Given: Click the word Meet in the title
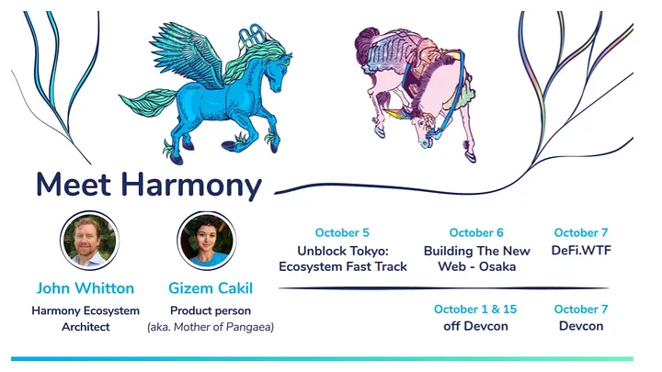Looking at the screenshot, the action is pos(73,185).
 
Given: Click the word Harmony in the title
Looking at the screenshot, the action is pos(191,186).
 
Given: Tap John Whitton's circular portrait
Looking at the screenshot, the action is pos(89,241).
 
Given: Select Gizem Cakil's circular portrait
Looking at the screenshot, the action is pos(207,241).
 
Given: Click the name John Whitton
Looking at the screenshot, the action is pos(86,288).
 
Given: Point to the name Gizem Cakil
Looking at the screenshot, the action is pos(211,288).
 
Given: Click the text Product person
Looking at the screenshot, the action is pos(211,310).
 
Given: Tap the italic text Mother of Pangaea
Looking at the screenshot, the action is pos(223,327).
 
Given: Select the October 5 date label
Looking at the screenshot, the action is pos(342,232).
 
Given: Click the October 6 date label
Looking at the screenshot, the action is pos(476,232).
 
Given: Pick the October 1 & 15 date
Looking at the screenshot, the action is pos(475,310).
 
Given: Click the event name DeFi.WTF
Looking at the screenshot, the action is pos(581,251).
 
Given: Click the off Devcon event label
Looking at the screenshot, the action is pos(475,326).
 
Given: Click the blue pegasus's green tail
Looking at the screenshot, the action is pos(147,102).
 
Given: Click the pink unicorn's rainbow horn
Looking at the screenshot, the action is pos(398,114).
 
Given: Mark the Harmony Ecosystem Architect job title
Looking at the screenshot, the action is pos(86,319).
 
